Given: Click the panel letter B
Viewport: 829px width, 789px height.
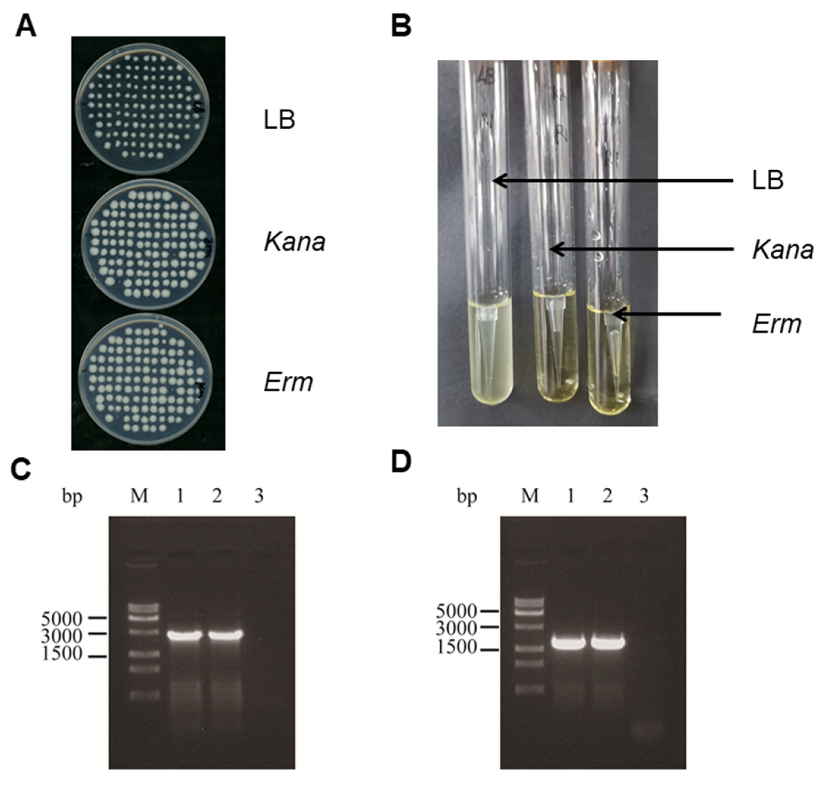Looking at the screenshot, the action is click(401, 26).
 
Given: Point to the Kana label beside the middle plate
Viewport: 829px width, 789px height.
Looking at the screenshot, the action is click(294, 242).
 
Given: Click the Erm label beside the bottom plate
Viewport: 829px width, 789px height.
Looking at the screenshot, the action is click(289, 382).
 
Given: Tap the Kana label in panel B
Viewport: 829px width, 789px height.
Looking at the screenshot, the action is click(783, 250).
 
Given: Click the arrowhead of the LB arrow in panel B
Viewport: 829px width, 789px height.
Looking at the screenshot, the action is click(496, 181).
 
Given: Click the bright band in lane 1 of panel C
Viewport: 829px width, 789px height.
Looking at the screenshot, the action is click(184, 635).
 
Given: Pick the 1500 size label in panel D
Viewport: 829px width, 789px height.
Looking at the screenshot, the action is click(456, 647).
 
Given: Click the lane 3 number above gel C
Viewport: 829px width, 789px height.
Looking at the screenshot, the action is click(259, 497).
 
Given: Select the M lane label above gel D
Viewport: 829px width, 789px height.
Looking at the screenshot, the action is click(529, 497).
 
